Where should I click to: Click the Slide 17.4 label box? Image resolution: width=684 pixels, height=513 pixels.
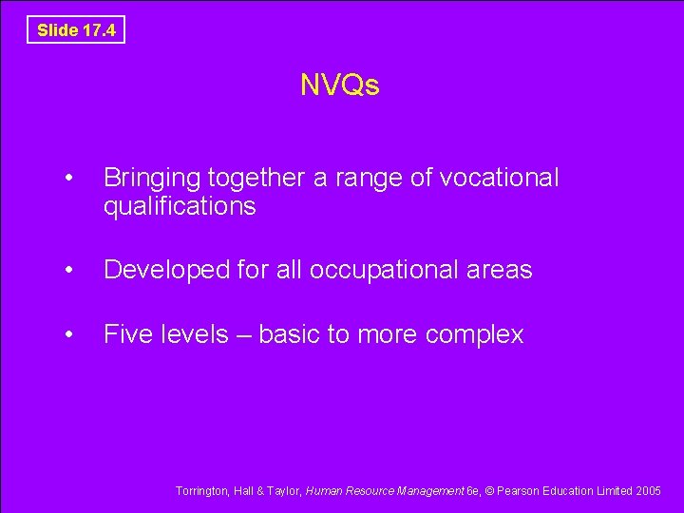(x=76, y=30)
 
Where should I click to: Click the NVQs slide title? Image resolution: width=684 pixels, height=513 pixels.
(x=340, y=85)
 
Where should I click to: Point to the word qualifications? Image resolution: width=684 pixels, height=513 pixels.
(x=180, y=206)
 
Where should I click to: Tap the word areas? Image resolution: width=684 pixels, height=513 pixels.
(x=499, y=270)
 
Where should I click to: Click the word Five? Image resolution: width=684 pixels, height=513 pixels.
(x=126, y=334)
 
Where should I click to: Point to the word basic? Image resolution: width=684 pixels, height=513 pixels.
(x=289, y=334)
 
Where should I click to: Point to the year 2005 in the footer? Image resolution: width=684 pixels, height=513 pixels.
(x=649, y=491)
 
